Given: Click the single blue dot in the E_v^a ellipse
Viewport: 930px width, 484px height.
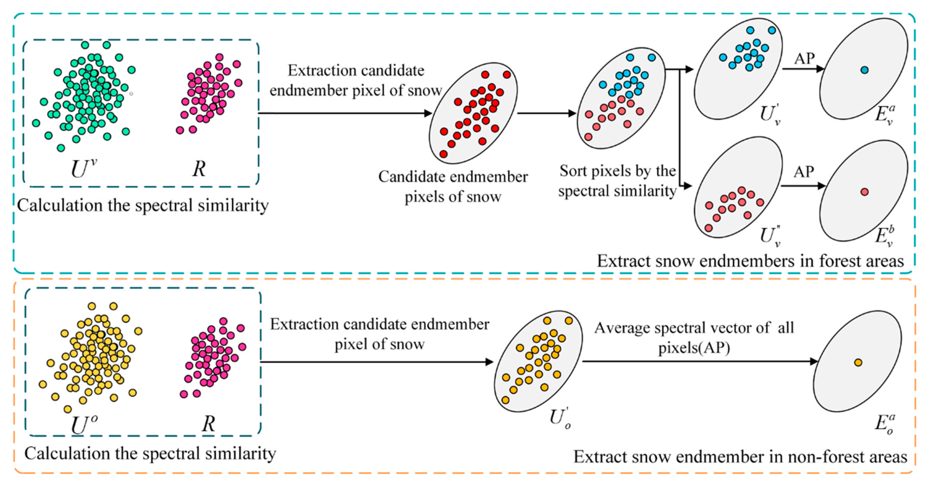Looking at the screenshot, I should pos(864,70).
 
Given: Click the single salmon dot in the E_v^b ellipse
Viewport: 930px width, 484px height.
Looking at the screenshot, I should pos(864,192).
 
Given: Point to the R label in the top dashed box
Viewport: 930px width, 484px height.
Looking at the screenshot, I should pos(199,169).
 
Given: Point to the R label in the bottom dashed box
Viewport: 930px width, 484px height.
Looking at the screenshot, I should pos(208,423).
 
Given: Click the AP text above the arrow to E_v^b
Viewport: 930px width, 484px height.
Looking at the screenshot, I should pos(804,172).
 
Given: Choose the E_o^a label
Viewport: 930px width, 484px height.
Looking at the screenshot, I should pos(885,424).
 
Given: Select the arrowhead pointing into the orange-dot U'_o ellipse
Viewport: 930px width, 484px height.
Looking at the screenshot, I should pos(489,362).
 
